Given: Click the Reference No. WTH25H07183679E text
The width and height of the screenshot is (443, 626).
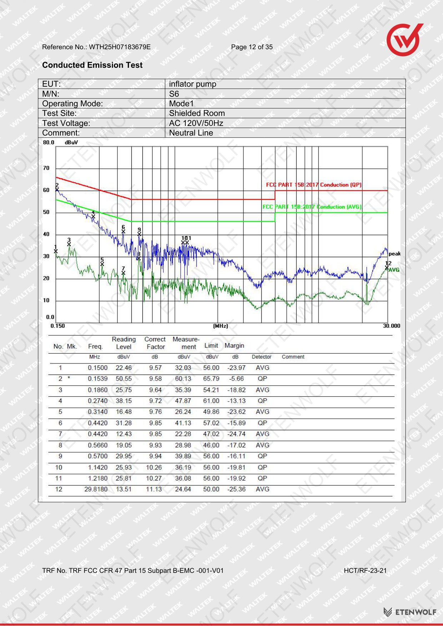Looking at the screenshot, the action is click(96, 47).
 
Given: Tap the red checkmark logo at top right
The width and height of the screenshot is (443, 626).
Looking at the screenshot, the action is click(405, 40).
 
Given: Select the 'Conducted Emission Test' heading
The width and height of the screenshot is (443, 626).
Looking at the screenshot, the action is click(92, 65).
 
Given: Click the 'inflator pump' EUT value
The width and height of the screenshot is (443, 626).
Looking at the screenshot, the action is click(193, 84).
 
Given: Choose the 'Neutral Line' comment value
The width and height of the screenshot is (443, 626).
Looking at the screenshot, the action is click(191, 133).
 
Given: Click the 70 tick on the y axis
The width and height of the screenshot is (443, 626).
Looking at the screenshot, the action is click(46, 168).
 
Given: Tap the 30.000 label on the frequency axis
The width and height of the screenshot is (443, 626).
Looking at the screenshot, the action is click(392, 326).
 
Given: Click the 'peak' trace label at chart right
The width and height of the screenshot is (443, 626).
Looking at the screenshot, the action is click(394, 254).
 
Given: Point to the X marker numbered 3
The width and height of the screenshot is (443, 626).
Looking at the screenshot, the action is click(69, 244).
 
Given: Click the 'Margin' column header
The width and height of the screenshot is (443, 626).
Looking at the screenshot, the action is click(235, 346).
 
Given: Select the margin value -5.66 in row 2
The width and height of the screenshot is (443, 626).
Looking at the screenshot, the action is click(236, 378).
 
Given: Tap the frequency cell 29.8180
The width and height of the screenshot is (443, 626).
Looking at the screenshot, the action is click(96, 489).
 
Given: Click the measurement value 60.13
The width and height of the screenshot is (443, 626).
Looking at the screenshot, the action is click(183, 378).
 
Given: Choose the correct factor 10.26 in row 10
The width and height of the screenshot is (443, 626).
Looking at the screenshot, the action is click(154, 467).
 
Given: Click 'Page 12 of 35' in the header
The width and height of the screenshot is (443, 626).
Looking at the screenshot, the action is click(252, 47).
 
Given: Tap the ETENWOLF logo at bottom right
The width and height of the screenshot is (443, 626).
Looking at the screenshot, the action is click(410, 612).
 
